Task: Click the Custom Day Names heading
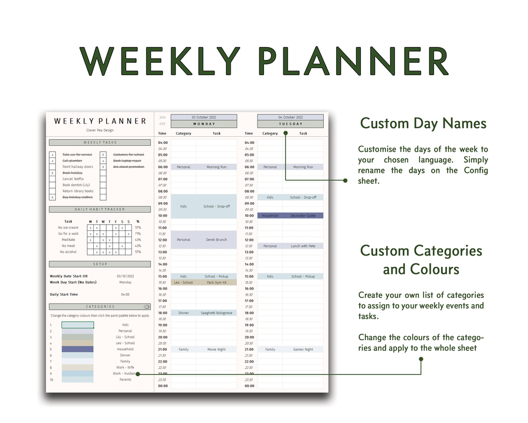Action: point(423,123)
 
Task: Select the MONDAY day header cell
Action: point(204,124)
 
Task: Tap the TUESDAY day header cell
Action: point(290,124)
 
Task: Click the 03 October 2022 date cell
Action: point(204,117)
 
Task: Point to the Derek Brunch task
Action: point(216,240)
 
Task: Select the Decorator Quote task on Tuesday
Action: point(303,216)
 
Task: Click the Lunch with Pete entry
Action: point(303,246)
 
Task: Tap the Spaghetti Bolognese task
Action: point(216,313)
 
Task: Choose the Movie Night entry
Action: point(216,350)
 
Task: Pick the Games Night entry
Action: point(303,350)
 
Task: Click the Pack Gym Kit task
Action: point(216,283)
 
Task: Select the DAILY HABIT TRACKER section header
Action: point(100,209)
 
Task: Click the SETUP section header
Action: point(100,264)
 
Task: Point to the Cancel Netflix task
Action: point(73,179)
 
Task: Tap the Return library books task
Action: point(78,191)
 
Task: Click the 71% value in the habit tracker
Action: point(138,234)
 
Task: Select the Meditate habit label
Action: point(68,240)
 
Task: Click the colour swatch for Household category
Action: point(77,349)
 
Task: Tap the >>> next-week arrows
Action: point(163,117)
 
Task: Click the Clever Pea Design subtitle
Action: point(100,130)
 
